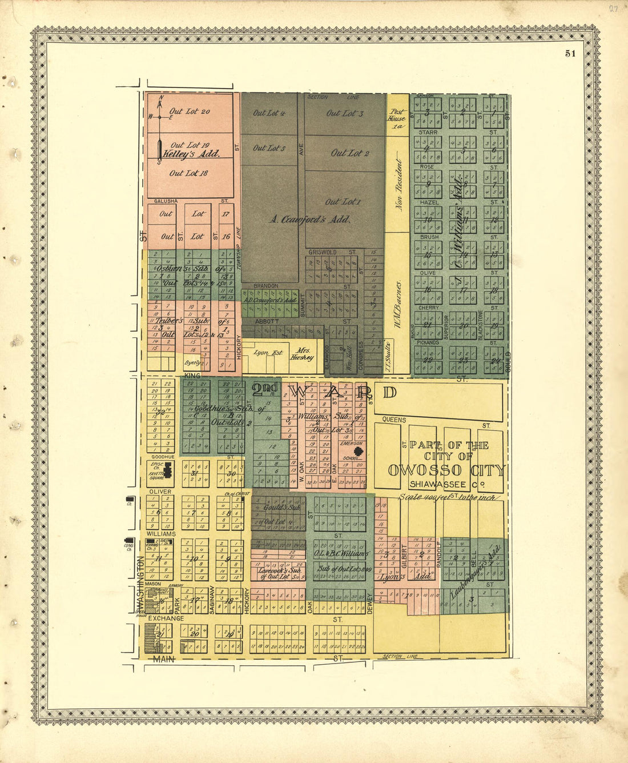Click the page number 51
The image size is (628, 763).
[570, 54]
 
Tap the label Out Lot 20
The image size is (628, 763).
[190, 111]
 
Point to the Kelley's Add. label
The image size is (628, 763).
[191, 154]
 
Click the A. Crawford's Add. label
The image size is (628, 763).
[309, 219]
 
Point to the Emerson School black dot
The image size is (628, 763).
[358, 450]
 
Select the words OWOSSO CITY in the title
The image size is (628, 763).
[446, 470]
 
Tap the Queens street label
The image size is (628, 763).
[394, 420]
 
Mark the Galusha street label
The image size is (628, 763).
[166, 201]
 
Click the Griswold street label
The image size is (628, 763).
[322, 251]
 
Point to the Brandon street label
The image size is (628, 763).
[265, 286]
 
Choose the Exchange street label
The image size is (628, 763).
[166, 618]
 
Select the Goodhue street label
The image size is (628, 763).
[163, 457]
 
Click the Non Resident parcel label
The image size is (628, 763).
[399, 186]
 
